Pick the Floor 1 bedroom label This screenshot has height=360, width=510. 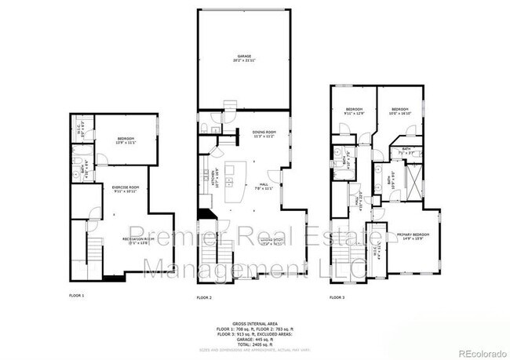pyautogui.click(x=126, y=140)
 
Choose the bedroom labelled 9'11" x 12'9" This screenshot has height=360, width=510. pyautogui.click(x=355, y=111)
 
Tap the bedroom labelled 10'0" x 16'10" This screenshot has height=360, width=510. pyautogui.click(x=400, y=111)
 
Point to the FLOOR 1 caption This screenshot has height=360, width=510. pyautogui.click(x=77, y=296)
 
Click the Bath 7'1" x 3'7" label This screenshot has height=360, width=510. pyautogui.click(x=406, y=151)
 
